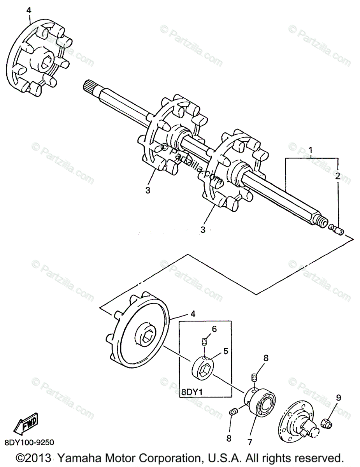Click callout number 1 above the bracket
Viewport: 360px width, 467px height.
pyautogui.click(x=311, y=150)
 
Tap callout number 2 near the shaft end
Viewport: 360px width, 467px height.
pyautogui.click(x=337, y=176)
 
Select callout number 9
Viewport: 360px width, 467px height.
pyautogui.click(x=338, y=398)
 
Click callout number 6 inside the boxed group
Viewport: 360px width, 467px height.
pyautogui.click(x=214, y=329)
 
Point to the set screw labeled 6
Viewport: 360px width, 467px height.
pyautogui.click(x=203, y=342)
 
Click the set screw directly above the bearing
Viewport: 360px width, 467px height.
pyautogui.click(x=254, y=377)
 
